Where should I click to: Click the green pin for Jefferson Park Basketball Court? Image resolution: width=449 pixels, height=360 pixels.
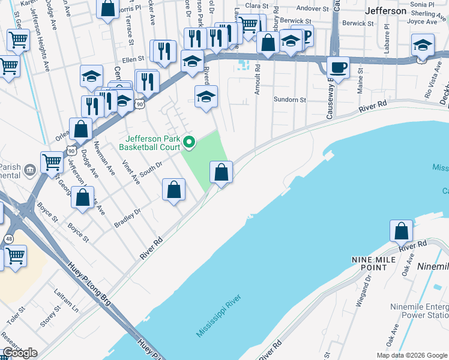click(189, 142)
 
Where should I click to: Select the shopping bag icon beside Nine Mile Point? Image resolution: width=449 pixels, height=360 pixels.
click(401, 231)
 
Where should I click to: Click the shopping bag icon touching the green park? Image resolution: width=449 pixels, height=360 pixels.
click(221, 173)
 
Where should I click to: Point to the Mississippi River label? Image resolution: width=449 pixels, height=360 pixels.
click(218, 316)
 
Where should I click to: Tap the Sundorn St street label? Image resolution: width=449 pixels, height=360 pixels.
click(289, 100)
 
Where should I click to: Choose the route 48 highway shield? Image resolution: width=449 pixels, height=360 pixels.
click(8, 238)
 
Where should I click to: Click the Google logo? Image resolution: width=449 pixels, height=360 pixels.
click(20, 353)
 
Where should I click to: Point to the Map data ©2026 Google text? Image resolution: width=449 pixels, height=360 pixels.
click(412, 355)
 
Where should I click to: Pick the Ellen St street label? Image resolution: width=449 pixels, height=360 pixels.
click(133, 59)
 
